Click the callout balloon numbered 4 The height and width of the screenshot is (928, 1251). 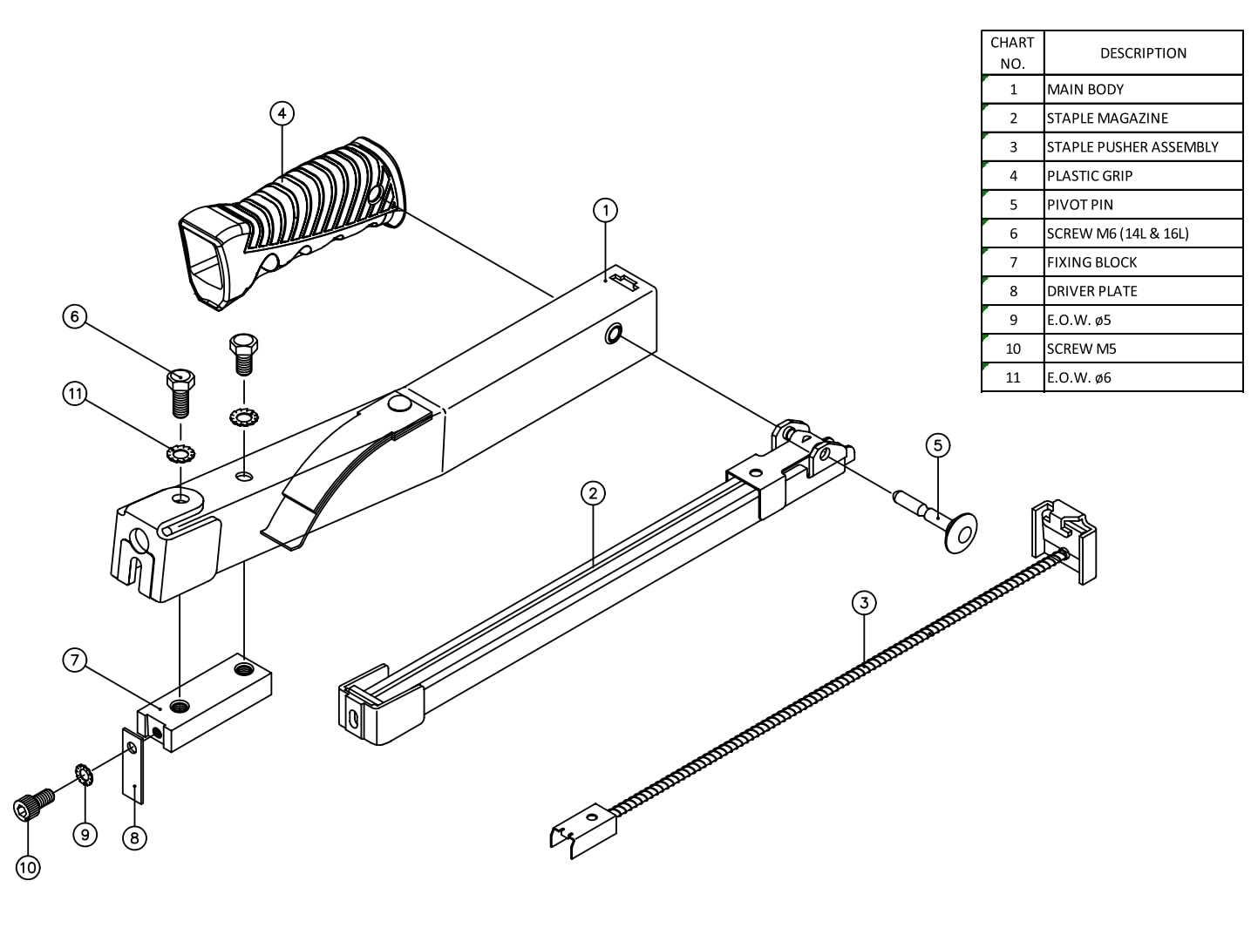click(x=282, y=113)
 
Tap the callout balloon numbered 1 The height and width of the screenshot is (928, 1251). click(x=605, y=210)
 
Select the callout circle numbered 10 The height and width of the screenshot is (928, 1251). click(x=28, y=868)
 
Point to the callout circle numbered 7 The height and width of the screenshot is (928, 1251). click(x=75, y=660)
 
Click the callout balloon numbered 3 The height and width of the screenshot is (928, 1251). click(x=863, y=602)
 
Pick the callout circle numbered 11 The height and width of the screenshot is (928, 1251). click(x=75, y=394)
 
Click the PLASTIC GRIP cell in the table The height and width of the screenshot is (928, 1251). click(x=1142, y=176)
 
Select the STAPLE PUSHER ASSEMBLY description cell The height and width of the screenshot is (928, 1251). click(x=1142, y=147)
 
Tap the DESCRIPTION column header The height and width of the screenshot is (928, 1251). click(x=1142, y=53)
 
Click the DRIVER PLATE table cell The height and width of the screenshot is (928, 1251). click(x=1142, y=291)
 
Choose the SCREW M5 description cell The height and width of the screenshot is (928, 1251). click(x=1142, y=349)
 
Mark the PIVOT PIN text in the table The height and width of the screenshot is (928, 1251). click(x=1080, y=205)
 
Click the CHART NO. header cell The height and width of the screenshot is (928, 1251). click(x=1012, y=53)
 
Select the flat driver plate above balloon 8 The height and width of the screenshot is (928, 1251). click(x=133, y=767)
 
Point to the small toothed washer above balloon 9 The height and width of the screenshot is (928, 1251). click(x=85, y=774)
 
